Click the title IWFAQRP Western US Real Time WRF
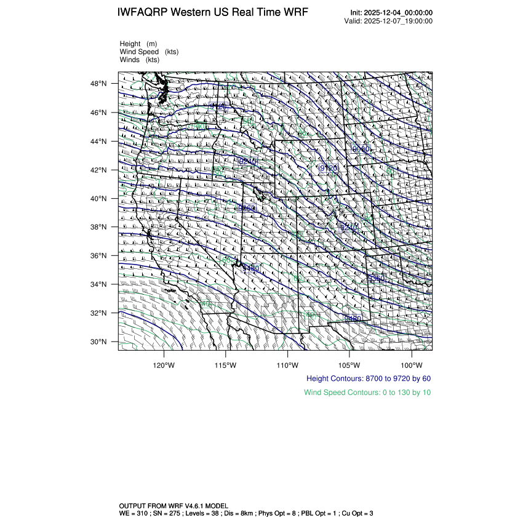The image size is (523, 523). point(212,12)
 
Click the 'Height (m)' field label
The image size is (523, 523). point(138,44)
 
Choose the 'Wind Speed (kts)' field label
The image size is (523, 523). point(149,52)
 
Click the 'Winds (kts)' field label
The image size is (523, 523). point(140,60)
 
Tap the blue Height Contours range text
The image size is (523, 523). point(368,379)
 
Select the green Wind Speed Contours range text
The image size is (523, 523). point(367,393)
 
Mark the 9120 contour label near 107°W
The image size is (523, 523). point(329,168)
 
